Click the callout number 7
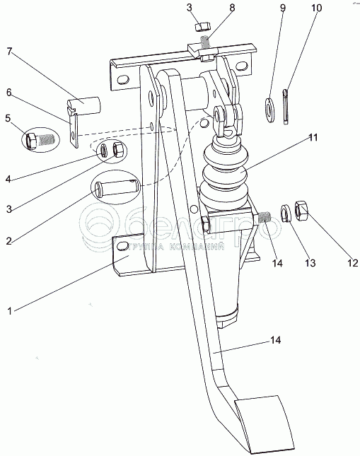pos(10,52)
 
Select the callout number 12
pos(353,262)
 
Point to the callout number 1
pos(10,311)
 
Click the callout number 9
pos(283,8)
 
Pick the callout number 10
pos(316,8)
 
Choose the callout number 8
pos(232,8)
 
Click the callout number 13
pos(310,262)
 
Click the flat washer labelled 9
pos(269,110)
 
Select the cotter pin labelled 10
pos(286,107)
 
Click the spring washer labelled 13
pos(286,214)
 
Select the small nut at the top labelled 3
pos(202,27)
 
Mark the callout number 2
pos(9,240)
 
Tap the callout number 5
pos(8,118)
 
